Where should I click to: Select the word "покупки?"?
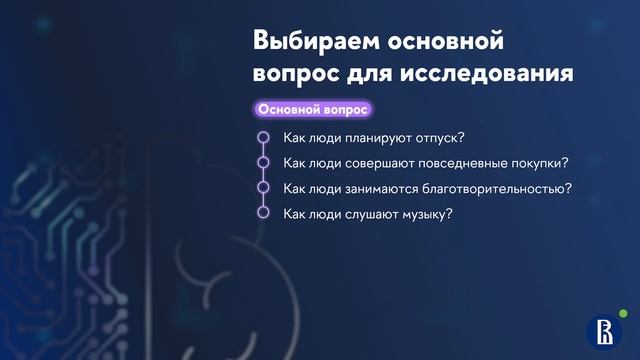tap(540, 162)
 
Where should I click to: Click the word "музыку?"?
tap(427, 212)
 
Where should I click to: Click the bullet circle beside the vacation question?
tap(264, 137)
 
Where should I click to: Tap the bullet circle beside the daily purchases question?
tap(264, 162)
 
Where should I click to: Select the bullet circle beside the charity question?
tap(264, 187)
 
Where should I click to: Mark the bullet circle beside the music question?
tap(264, 212)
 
